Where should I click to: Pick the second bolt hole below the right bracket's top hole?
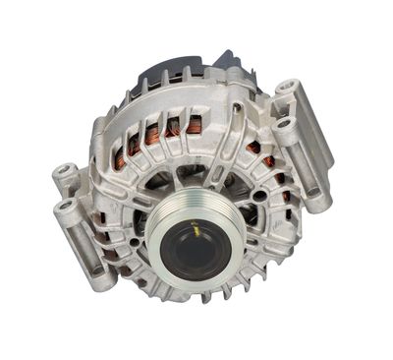pyautogui.click(x=287, y=126)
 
